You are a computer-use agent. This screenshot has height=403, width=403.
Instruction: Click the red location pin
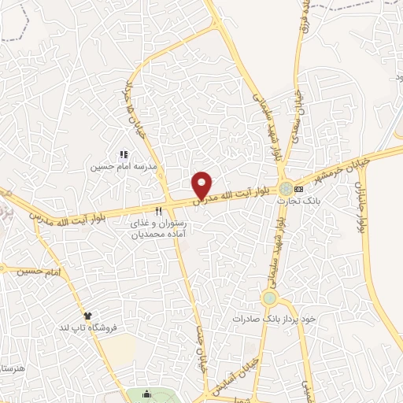point(202,184)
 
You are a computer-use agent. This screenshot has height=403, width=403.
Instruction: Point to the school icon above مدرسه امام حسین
point(123,155)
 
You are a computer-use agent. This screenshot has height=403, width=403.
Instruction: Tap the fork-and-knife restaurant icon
point(159,211)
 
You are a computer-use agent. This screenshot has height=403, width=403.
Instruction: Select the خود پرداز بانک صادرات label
point(273,318)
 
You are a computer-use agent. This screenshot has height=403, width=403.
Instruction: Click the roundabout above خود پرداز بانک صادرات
point(270,298)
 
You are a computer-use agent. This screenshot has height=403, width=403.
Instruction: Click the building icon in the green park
point(147,394)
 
